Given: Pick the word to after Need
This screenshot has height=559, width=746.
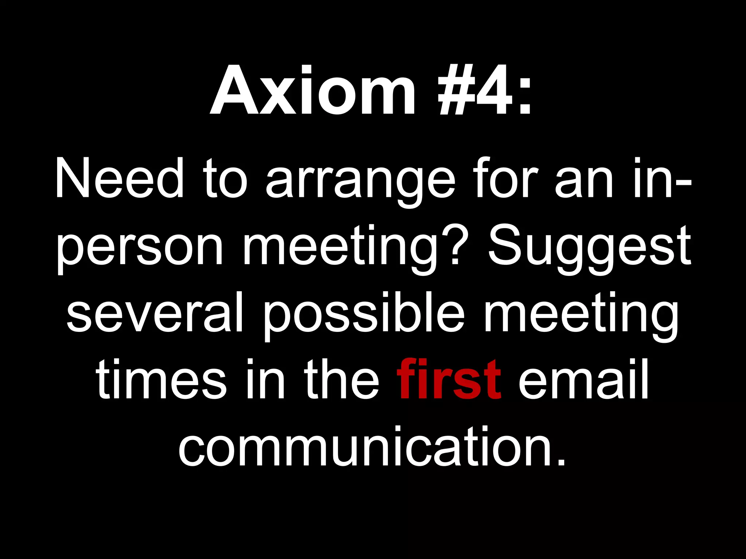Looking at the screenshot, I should click(226, 180).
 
